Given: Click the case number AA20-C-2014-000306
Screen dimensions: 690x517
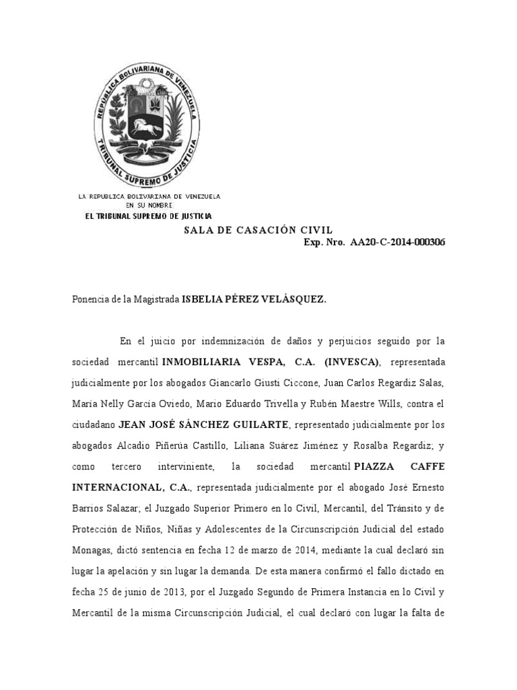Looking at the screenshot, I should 397,242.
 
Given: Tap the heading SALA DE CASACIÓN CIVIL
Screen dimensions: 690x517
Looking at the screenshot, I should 258,230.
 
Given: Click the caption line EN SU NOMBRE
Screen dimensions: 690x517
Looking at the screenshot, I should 149,205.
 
